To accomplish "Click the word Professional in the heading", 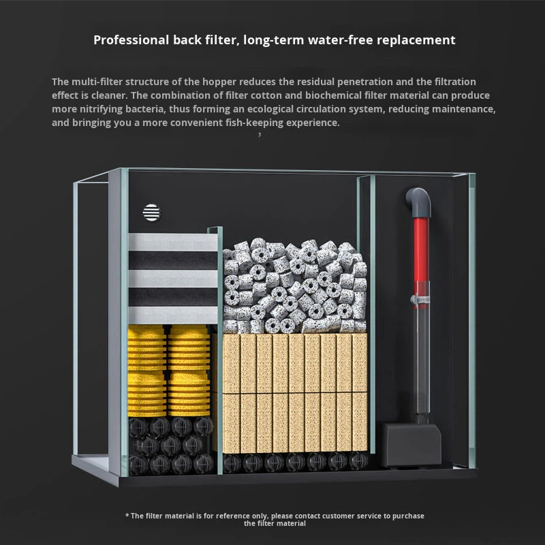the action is [x=131, y=40].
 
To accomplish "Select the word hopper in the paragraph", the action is [x=218, y=82].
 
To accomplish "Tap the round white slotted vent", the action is [x=151, y=213].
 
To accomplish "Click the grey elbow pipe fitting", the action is [x=419, y=202].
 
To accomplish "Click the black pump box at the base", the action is [x=411, y=444].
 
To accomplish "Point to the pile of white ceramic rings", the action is [x=295, y=286].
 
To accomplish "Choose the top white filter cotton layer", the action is [x=173, y=242].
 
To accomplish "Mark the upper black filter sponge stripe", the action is [x=173, y=260].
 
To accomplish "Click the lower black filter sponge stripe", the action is [x=173, y=297].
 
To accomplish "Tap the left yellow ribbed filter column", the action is [x=147, y=371].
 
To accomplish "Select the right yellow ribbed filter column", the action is [x=189, y=371].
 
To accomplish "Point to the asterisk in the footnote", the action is [x=127, y=515].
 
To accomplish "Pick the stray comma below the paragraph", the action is [x=260, y=134].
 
